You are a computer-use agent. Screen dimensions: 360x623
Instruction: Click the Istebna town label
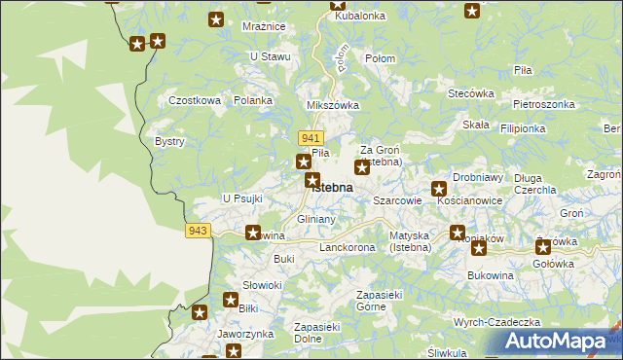click(332, 188)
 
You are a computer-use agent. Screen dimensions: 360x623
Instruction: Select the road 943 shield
click(198, 230)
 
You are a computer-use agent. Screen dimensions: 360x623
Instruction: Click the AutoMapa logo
click(562, 342)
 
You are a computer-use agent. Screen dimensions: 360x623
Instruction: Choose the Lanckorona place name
click(347, 248)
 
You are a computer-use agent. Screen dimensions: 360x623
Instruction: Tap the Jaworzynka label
click(244, 334)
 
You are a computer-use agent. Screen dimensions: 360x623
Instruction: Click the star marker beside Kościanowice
click(439, 188)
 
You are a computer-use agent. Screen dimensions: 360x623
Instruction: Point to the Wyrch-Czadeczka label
click(495, 322)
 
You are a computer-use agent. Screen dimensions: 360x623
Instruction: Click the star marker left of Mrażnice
click(217, 19)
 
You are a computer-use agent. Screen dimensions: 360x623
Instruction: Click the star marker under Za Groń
click(361, 168)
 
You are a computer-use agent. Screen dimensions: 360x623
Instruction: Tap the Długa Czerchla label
click(548, 184)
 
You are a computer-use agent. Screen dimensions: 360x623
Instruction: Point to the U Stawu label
click(270, 56)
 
